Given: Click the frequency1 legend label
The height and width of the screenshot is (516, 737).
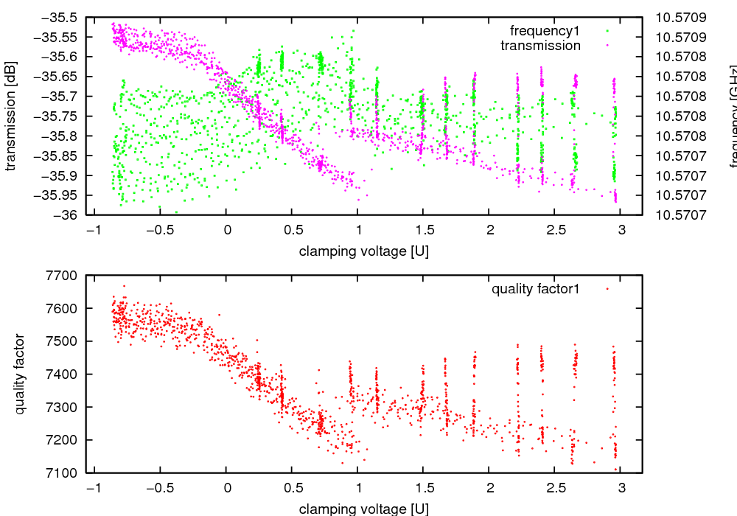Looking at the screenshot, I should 545,31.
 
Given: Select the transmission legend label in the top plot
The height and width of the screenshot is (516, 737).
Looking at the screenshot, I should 540,46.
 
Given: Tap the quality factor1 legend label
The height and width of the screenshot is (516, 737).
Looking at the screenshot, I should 536,289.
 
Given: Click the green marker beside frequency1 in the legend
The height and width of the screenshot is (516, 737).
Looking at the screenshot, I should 607,31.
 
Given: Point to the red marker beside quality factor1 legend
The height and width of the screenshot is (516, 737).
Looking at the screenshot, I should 607,289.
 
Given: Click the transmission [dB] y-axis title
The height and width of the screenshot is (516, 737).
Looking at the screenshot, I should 10,115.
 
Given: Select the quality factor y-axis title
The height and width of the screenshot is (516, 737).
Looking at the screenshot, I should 20,374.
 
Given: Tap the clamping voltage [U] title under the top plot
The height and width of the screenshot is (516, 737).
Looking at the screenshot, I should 364,251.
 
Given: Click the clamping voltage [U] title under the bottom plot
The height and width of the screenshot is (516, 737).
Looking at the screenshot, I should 364,509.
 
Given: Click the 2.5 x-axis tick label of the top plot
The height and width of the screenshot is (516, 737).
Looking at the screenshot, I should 555,230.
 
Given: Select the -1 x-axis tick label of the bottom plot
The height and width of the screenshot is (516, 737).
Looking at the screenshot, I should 93,488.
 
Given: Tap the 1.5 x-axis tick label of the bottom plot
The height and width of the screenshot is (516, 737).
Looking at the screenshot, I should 423,488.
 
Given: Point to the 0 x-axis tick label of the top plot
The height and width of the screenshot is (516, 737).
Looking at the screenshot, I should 227,230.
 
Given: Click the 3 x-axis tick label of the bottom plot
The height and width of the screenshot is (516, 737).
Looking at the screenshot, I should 621,488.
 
